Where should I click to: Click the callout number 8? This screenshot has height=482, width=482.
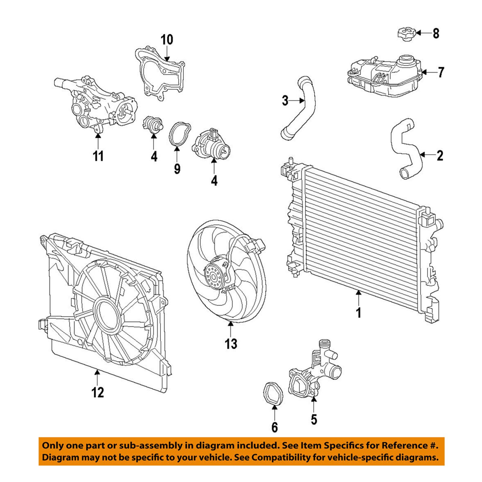tap(436, 33)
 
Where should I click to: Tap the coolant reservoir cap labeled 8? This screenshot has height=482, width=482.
tap(406, 33)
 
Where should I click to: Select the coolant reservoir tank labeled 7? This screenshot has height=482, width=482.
tap(384, 77)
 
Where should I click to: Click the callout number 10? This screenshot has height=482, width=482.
tap(167, 40)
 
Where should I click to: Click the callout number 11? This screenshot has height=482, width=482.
tap(98, 156)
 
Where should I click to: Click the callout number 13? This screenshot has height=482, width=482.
tap(231, 344)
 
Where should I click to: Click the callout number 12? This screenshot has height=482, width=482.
tap(98, 392)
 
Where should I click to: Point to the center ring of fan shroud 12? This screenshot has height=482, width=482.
tap(107, 315)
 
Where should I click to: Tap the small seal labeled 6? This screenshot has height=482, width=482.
tap(273, 394)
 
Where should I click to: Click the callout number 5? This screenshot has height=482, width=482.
tap(314, 419)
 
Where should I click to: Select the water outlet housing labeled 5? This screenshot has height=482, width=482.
tap(313, 373)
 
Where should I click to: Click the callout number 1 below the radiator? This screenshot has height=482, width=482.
tap(358, 313)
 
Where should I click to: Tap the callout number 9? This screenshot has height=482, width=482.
tap(177, 169)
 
